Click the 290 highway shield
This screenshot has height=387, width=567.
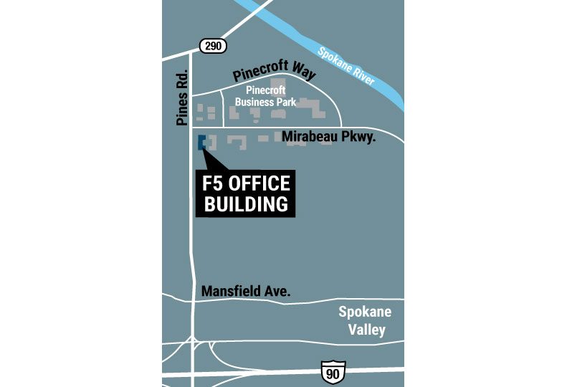pyautogui.click(x=213, y=46)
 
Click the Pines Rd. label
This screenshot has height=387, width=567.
pyautogui.click(x=181, y=98)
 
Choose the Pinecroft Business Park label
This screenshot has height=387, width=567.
pyautogui.click(x=266, y=96)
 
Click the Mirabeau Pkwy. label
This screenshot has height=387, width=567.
pyautogui.click(x=329, y=135)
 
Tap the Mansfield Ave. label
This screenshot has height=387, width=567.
pyautogui.click(x=246, y=292)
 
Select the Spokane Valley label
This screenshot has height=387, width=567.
pyautogui.click(x=366, y=321)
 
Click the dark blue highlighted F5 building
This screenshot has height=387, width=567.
pyautogui.click(x=202, y=141)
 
